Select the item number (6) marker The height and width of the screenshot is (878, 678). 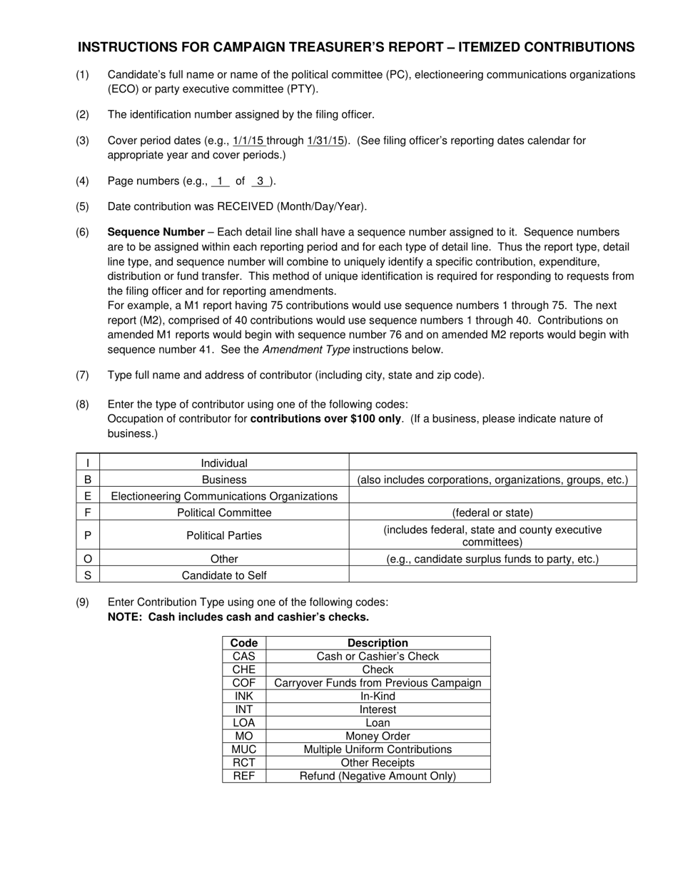[x=83, y=232]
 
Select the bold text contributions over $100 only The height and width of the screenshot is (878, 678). [x=325, y=418]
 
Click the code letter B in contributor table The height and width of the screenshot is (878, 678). [x=88, y=480]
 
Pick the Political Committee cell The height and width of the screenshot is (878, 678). [x=224, y=513]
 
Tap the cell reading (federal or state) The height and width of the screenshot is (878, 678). [x=492, y=513]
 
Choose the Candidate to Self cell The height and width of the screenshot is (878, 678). [x=224, y=575]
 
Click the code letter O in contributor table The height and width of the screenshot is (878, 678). [x=88, y=559]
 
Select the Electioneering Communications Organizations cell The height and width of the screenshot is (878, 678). [x=224, y=496]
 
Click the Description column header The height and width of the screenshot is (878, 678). [x=378, y=642]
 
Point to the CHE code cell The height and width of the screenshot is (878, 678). [x=243, y=670]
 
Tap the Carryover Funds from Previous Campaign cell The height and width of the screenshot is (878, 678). [x=378, y=683]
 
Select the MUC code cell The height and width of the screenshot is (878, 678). [x=243, y=750]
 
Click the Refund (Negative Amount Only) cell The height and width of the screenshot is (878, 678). [x=378, y=776]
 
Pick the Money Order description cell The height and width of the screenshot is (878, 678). [x=378, y=736]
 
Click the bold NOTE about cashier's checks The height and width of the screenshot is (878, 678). [x=238, y=617]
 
